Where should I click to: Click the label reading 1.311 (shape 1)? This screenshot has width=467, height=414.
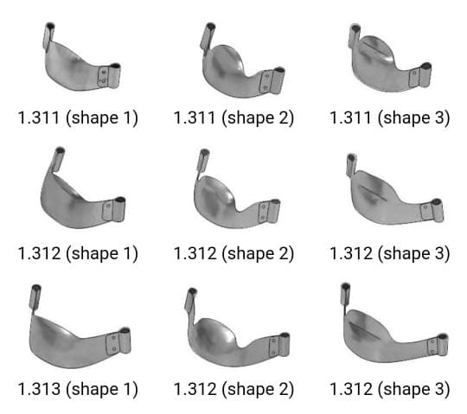tap(77, 118)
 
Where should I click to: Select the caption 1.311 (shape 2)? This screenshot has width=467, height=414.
tap(233, 118)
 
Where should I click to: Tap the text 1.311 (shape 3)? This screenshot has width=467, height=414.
tap(389, 118)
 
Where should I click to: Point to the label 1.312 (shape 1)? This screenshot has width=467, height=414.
tap(77, 253)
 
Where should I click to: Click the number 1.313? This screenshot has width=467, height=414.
tap(39, 389)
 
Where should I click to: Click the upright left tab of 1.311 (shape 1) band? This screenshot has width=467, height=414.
tap(48, 35)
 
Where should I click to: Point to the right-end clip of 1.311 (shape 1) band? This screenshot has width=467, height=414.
tap(109, 75)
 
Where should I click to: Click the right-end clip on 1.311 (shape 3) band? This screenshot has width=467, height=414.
tap(426, 76)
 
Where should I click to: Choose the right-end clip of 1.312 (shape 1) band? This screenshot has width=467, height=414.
tap(115, 210)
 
